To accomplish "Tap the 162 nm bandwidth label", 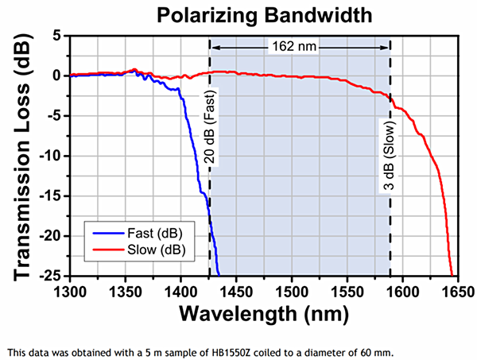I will pos(300,46).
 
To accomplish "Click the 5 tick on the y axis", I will pos(56,36).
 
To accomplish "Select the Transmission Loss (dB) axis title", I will pos(23,155).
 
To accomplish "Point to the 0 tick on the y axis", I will pos(56,75).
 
